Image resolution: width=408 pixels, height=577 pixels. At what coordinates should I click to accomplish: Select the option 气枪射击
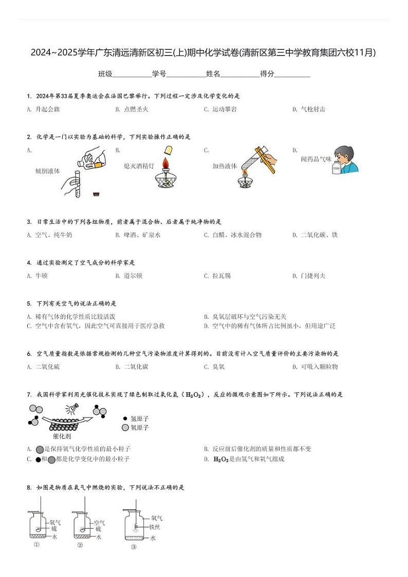pyautogui.click(x=313, y=109)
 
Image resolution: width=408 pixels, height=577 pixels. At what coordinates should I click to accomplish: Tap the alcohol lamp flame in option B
pyautogui.click(x=165, y=163)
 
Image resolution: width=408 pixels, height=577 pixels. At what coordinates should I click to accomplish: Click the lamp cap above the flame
pyautogui.click(x=167, y=150)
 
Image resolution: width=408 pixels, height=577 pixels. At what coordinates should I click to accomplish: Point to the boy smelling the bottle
pyautogui.click(x=345, y=160)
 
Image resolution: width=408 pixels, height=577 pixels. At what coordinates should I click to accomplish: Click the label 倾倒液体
pyautogui.click(x=47, y=171)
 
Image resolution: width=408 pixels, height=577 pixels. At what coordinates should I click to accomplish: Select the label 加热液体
pyautogui.click(x=225, y=166)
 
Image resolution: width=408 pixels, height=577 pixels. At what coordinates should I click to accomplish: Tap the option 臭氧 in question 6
pyautogui.click(x=218, y=367)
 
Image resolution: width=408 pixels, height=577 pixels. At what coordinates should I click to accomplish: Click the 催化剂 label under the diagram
pyautogui.click(x=62, y=436)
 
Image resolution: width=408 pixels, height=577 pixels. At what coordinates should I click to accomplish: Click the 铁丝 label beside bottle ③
pyautogui.click(x=155, y=527)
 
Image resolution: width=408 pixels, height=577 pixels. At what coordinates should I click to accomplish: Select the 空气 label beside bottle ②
pyautogui.click(x=99, y=523)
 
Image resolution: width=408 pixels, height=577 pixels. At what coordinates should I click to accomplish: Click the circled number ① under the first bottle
pyautogui.click(x=36, y=545)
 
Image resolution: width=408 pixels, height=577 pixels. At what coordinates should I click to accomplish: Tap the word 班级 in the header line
pyautogui.click(x=105, y=74)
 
